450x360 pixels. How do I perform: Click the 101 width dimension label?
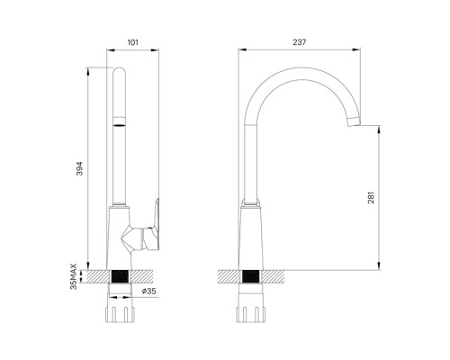pos(133,42)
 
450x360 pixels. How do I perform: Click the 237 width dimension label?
pos(300,42)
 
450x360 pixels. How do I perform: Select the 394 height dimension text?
pos(79,168)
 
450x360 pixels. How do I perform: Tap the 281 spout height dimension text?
pos(371,197)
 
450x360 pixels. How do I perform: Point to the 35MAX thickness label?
pos(74,276)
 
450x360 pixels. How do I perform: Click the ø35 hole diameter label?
pos(149,291)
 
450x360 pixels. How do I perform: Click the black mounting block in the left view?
pos(120,276)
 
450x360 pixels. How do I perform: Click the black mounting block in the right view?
pos(250,276)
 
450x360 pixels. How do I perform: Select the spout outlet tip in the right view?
pos(354,121)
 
